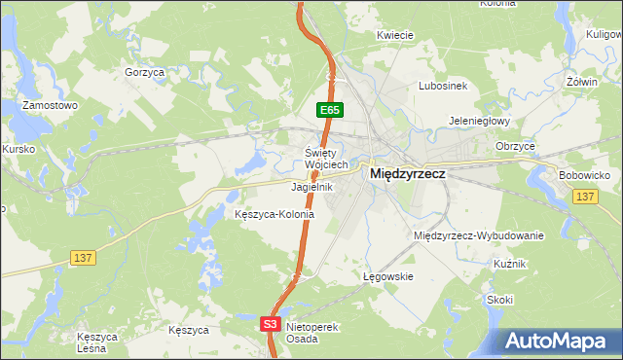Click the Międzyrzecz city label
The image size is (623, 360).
coord(408,173)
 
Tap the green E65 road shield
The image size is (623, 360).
coord(329,111)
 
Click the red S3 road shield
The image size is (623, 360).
coord(271,324)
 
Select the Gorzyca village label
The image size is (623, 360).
coord(144,72)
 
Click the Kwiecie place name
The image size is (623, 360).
coord(396,34)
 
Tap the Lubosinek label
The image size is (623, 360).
coord(443,86)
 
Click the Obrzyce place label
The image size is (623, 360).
coord(515,146)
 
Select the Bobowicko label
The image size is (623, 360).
coord(584,175)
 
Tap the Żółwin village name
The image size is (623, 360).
coord(582,82)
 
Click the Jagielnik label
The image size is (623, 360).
coord(312,186)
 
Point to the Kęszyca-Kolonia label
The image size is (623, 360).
coord(275,214)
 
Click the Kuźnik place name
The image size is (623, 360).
coord(509,265)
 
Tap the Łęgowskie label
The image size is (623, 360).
coord(388,276)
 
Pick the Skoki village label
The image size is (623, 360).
coord(500,300)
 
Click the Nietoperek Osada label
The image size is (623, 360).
coord(311,333)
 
